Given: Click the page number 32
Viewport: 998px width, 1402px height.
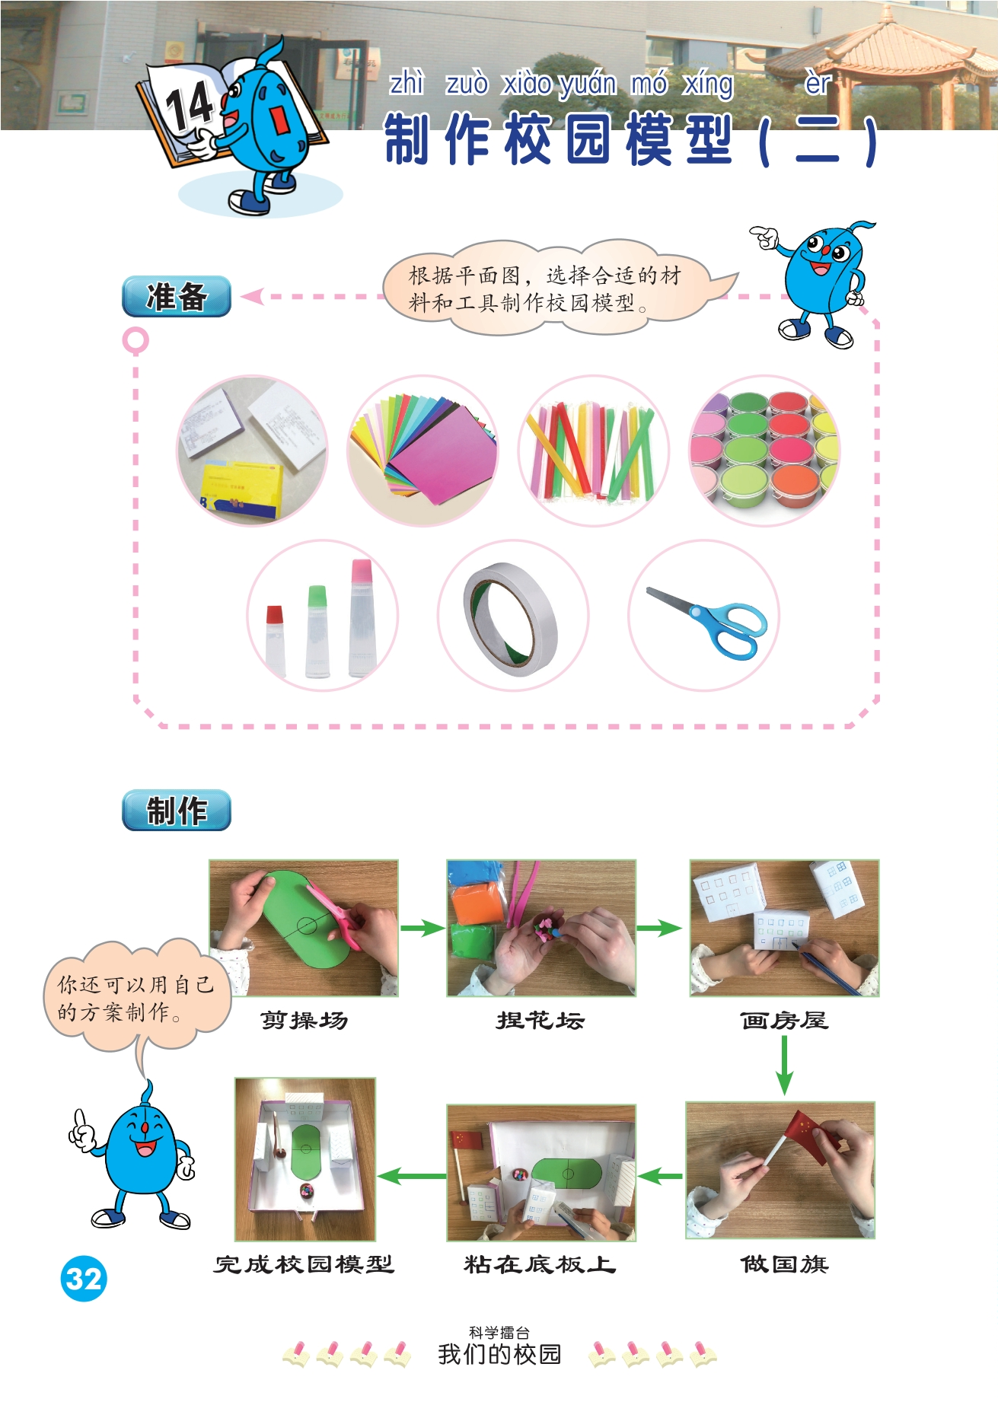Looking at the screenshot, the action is click(x=84, y=1278).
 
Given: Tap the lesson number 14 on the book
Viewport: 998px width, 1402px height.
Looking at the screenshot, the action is click(x=189, y=106).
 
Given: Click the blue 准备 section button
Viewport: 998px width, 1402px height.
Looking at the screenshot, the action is click(x=177, y=296).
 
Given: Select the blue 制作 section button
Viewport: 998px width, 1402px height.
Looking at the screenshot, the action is click(x=177, y=810).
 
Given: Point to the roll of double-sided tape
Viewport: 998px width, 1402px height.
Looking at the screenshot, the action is click(x=511, y=619).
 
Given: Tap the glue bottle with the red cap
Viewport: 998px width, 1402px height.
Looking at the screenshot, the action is click(x=275, y=640).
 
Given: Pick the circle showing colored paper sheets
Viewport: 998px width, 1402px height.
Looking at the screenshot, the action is click(x=422, y=451).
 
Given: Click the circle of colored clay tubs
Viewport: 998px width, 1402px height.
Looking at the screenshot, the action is click(x=765, y=451).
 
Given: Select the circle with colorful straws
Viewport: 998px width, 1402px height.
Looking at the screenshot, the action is click(x=594, y=451).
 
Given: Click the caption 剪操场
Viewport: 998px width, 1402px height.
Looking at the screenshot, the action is click(x=305, y=1020).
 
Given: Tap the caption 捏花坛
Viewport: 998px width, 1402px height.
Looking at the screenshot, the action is click(x=540, y=1020).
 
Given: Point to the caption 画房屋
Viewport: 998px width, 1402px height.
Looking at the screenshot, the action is click(x=784, y=1020).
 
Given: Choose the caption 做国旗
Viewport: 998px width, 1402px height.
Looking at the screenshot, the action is click(x=785, y=1264).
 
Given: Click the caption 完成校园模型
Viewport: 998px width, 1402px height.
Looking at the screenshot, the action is click(x=304, y=1264).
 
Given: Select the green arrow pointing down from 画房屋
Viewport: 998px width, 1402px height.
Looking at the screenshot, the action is click(x=784, y=1066).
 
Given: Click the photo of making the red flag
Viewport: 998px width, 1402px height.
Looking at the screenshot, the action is click(x=780, y=1170).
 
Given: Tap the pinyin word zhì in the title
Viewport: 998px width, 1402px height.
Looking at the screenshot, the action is click(x=407, y=82).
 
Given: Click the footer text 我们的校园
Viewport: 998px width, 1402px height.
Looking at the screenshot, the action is click(x=499, y=1354).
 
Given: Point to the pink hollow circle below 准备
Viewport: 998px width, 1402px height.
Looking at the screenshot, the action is click(x=136, y=340).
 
